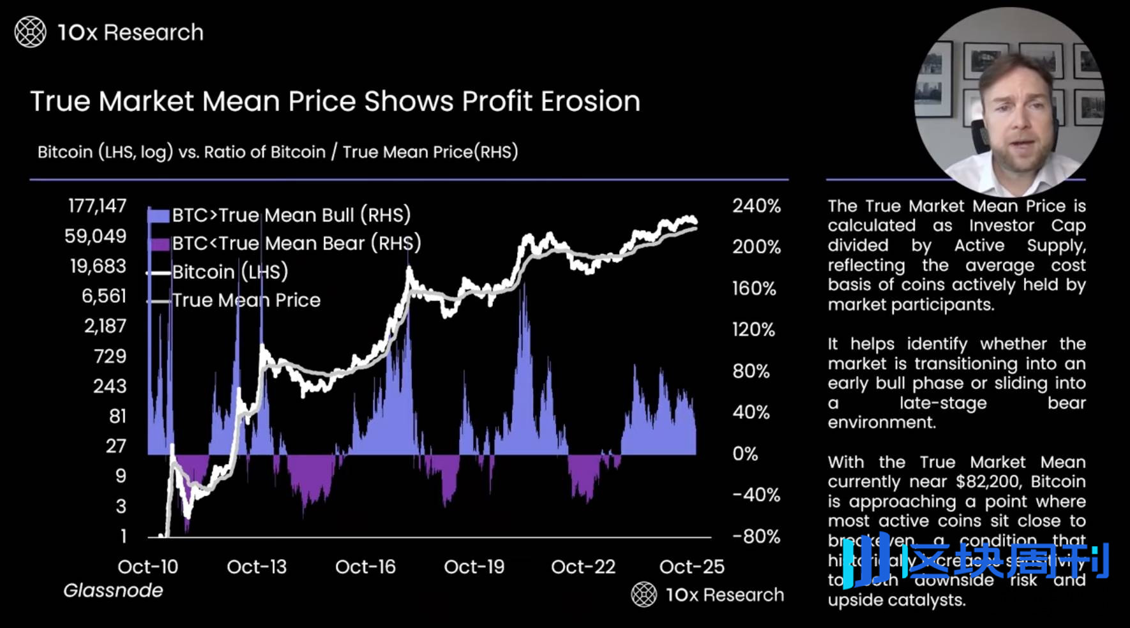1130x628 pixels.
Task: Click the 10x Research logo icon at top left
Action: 30,33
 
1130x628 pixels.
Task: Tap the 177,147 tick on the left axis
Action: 97,206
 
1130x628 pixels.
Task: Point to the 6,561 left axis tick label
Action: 103,296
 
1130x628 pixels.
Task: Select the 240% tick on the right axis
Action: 757,206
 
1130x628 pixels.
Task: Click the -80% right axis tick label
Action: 757,536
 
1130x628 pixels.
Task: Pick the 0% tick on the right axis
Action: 746,454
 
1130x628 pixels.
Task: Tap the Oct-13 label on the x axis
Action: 257,567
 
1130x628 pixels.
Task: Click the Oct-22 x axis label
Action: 583,567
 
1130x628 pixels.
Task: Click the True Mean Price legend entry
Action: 246,300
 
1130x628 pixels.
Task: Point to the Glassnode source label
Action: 113,590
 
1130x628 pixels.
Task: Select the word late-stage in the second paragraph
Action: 943,403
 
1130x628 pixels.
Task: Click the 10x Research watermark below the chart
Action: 708,595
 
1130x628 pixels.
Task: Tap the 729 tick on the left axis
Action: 110,356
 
